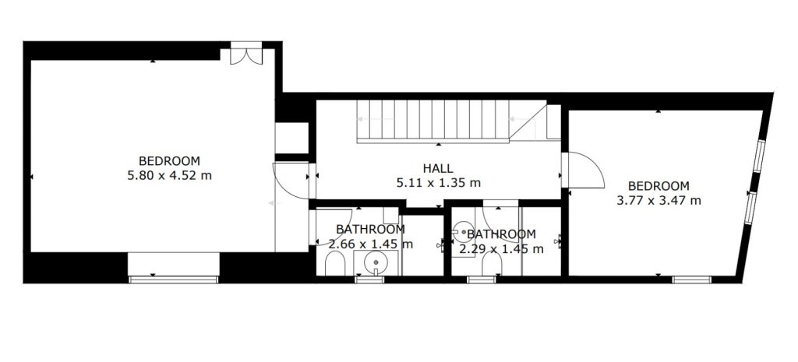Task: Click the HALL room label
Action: pyautogui.click(x=438, y=168)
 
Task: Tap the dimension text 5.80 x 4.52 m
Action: pyautogui.click(x=169, y=176)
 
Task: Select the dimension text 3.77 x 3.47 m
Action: pyautogui.click(x=659, y=200)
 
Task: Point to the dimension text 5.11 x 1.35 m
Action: pyautogui.click(x=438, y=182)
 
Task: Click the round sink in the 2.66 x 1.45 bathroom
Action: pyautogui.click(x=376, y=262)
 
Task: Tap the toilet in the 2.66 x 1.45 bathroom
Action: pyautogui.click(x=334, y=265)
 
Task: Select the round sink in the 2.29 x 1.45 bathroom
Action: pyautogui.click(x=462, y=232)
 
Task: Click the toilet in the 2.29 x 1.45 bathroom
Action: pyautogui.click(x=492, y=265)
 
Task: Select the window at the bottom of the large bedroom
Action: pyautogui.click(x=174, y=279)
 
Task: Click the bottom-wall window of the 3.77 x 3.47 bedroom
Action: pyautogui.click(x=691, y=279)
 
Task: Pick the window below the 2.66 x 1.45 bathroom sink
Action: pyautogui.click(x=369, y=279)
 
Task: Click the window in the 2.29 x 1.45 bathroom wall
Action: pyautogui.click(x=482, y=279)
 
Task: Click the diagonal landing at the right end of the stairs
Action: pyautogui.click(x=528, y=122)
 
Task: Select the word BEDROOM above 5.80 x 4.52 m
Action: pyautogui.click(x=169, y=161)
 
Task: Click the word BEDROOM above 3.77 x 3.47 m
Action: pyautogui.click(x=659, y=185)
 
